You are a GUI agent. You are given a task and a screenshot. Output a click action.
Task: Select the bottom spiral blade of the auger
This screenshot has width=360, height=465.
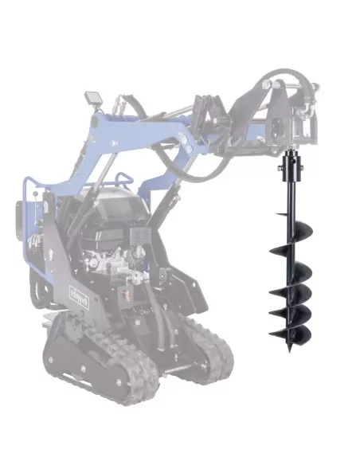click(x=292, y=334)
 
